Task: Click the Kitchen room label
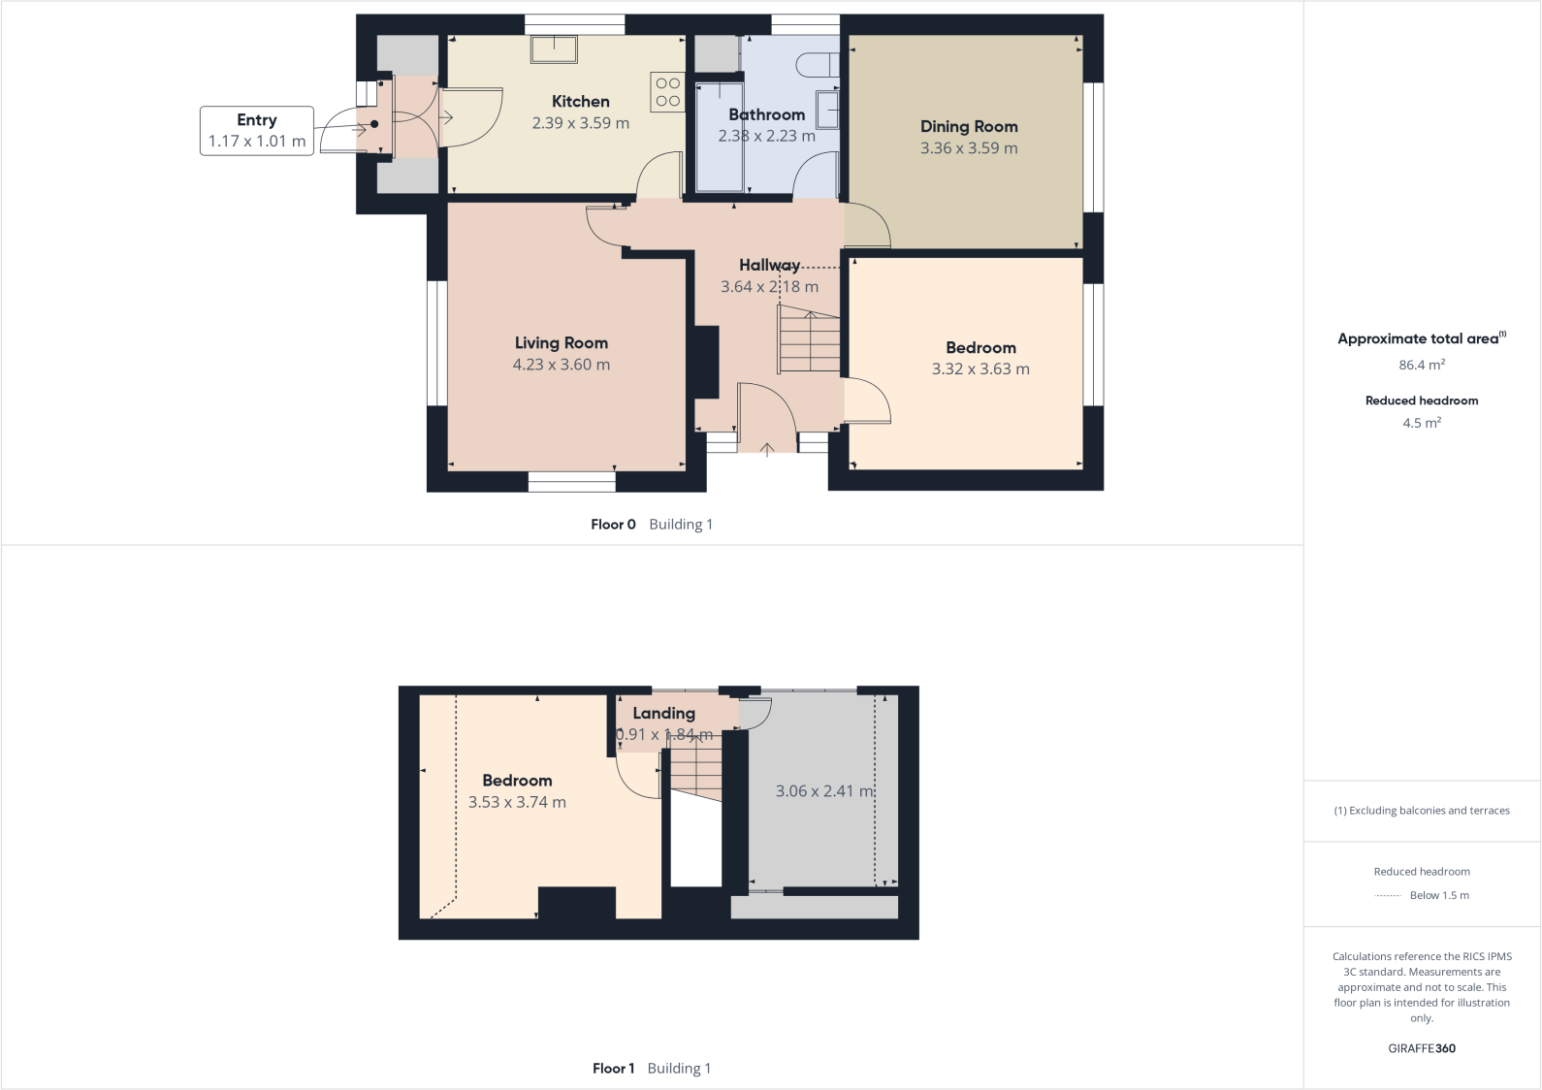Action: pos(580,102)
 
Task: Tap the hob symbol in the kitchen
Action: pos(668,92)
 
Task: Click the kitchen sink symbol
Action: pos(554,48)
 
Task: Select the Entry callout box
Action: pos(256,131)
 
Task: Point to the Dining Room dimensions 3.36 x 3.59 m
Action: pos(968,148)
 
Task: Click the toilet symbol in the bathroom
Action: pos(817,65)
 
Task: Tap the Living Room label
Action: pos(561,343)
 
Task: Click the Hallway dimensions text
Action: pos(769,287)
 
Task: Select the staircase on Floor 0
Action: pos(809,339)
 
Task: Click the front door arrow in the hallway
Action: pos(766,447)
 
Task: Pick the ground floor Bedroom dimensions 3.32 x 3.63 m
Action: pos(980,369)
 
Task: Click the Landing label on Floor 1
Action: pos(663,714)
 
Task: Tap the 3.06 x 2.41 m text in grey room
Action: pos(824,791)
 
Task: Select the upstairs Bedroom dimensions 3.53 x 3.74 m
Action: pos(517,803)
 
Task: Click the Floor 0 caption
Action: pos(613,525)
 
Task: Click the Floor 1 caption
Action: pos(613,1069)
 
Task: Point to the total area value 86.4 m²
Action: pos(1421,366)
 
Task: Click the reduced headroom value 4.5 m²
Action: pos(1421,423)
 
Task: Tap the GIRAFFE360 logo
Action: pos(1421,1048)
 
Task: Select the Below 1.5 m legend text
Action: pos(1438,896)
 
